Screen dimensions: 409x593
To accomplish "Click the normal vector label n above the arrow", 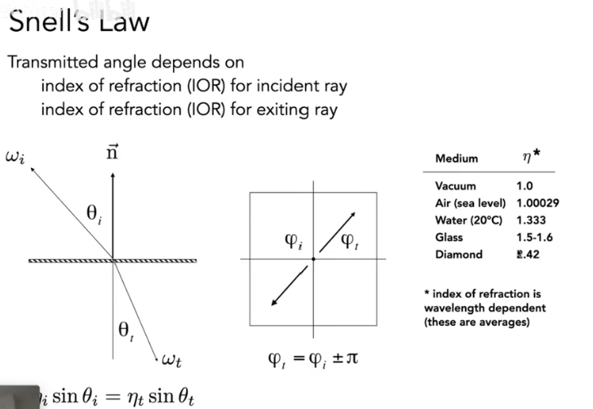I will click(114, 153).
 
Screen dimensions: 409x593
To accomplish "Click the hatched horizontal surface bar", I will click(113, 260).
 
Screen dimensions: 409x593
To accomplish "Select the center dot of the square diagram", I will click(313, 259).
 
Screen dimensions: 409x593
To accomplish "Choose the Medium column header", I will click(457, 158).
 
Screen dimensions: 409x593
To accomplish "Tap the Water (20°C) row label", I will click(470, 220).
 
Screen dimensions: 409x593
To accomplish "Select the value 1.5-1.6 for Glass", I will click(535, 238).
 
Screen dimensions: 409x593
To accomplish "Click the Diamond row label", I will click(458, 255).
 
